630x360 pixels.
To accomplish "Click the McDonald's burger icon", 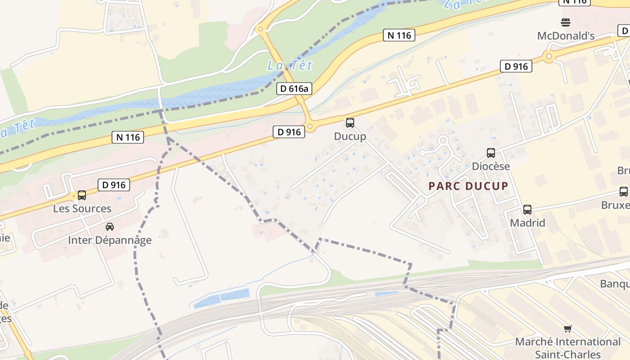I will click(566, 22).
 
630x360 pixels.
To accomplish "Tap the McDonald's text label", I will click(566, 36).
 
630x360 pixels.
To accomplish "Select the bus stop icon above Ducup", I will click(350, 122).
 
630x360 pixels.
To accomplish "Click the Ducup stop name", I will click(350, 136).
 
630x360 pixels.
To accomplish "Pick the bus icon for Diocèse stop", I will click(490, 153).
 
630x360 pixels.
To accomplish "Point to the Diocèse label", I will click(490, 166).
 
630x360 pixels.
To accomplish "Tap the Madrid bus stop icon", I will click(527, 209).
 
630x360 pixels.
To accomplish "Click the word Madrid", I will click(527, 223).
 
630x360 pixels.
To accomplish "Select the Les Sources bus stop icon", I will click(82, 195).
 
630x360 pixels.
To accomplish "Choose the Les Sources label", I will click(82, 208).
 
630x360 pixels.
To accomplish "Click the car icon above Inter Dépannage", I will click(110, 226).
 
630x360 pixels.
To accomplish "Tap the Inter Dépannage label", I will click(110, 240).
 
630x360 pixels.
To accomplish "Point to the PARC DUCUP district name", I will click(468, 186).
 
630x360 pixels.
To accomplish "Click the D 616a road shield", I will click(294, 89).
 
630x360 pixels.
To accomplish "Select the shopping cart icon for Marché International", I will click(567, 329).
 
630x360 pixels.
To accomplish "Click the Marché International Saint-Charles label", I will click(567, 348).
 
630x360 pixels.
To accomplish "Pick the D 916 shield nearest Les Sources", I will click(114, 185).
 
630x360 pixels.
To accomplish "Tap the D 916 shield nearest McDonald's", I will click(516, 67).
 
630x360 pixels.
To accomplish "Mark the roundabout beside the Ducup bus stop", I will click(310, 126).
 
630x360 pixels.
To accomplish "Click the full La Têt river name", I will click(289, 66).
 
